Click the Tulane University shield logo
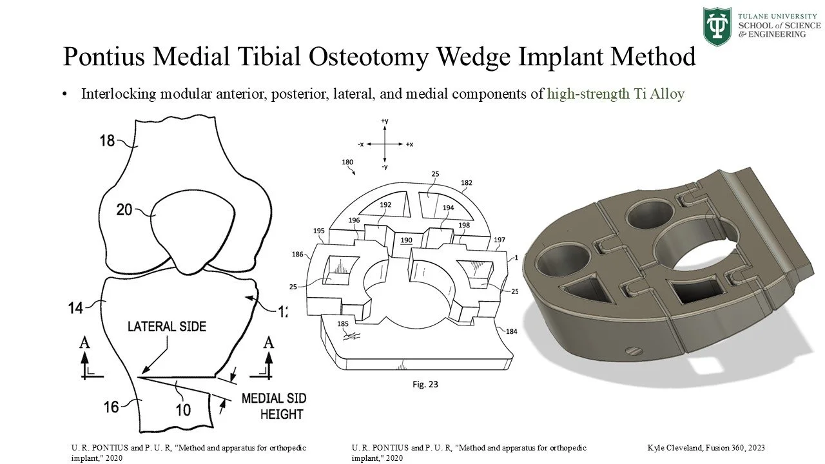point(717,26)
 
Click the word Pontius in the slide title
point(106,57)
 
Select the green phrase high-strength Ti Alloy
point(616,94)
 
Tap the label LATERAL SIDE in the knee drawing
point(167,327)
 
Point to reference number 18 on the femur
point(108,140)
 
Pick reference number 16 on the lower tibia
point(111,406)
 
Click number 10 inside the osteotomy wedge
point(183,409)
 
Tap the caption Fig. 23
point(425,384)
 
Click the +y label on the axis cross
point(385,121)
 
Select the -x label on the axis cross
point(362,144)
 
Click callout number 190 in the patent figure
point(406,240)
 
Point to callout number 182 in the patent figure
point(466,183)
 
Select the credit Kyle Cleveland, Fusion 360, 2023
point(706,447)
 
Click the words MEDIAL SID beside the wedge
point(273,398)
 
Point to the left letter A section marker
point(84,342)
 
